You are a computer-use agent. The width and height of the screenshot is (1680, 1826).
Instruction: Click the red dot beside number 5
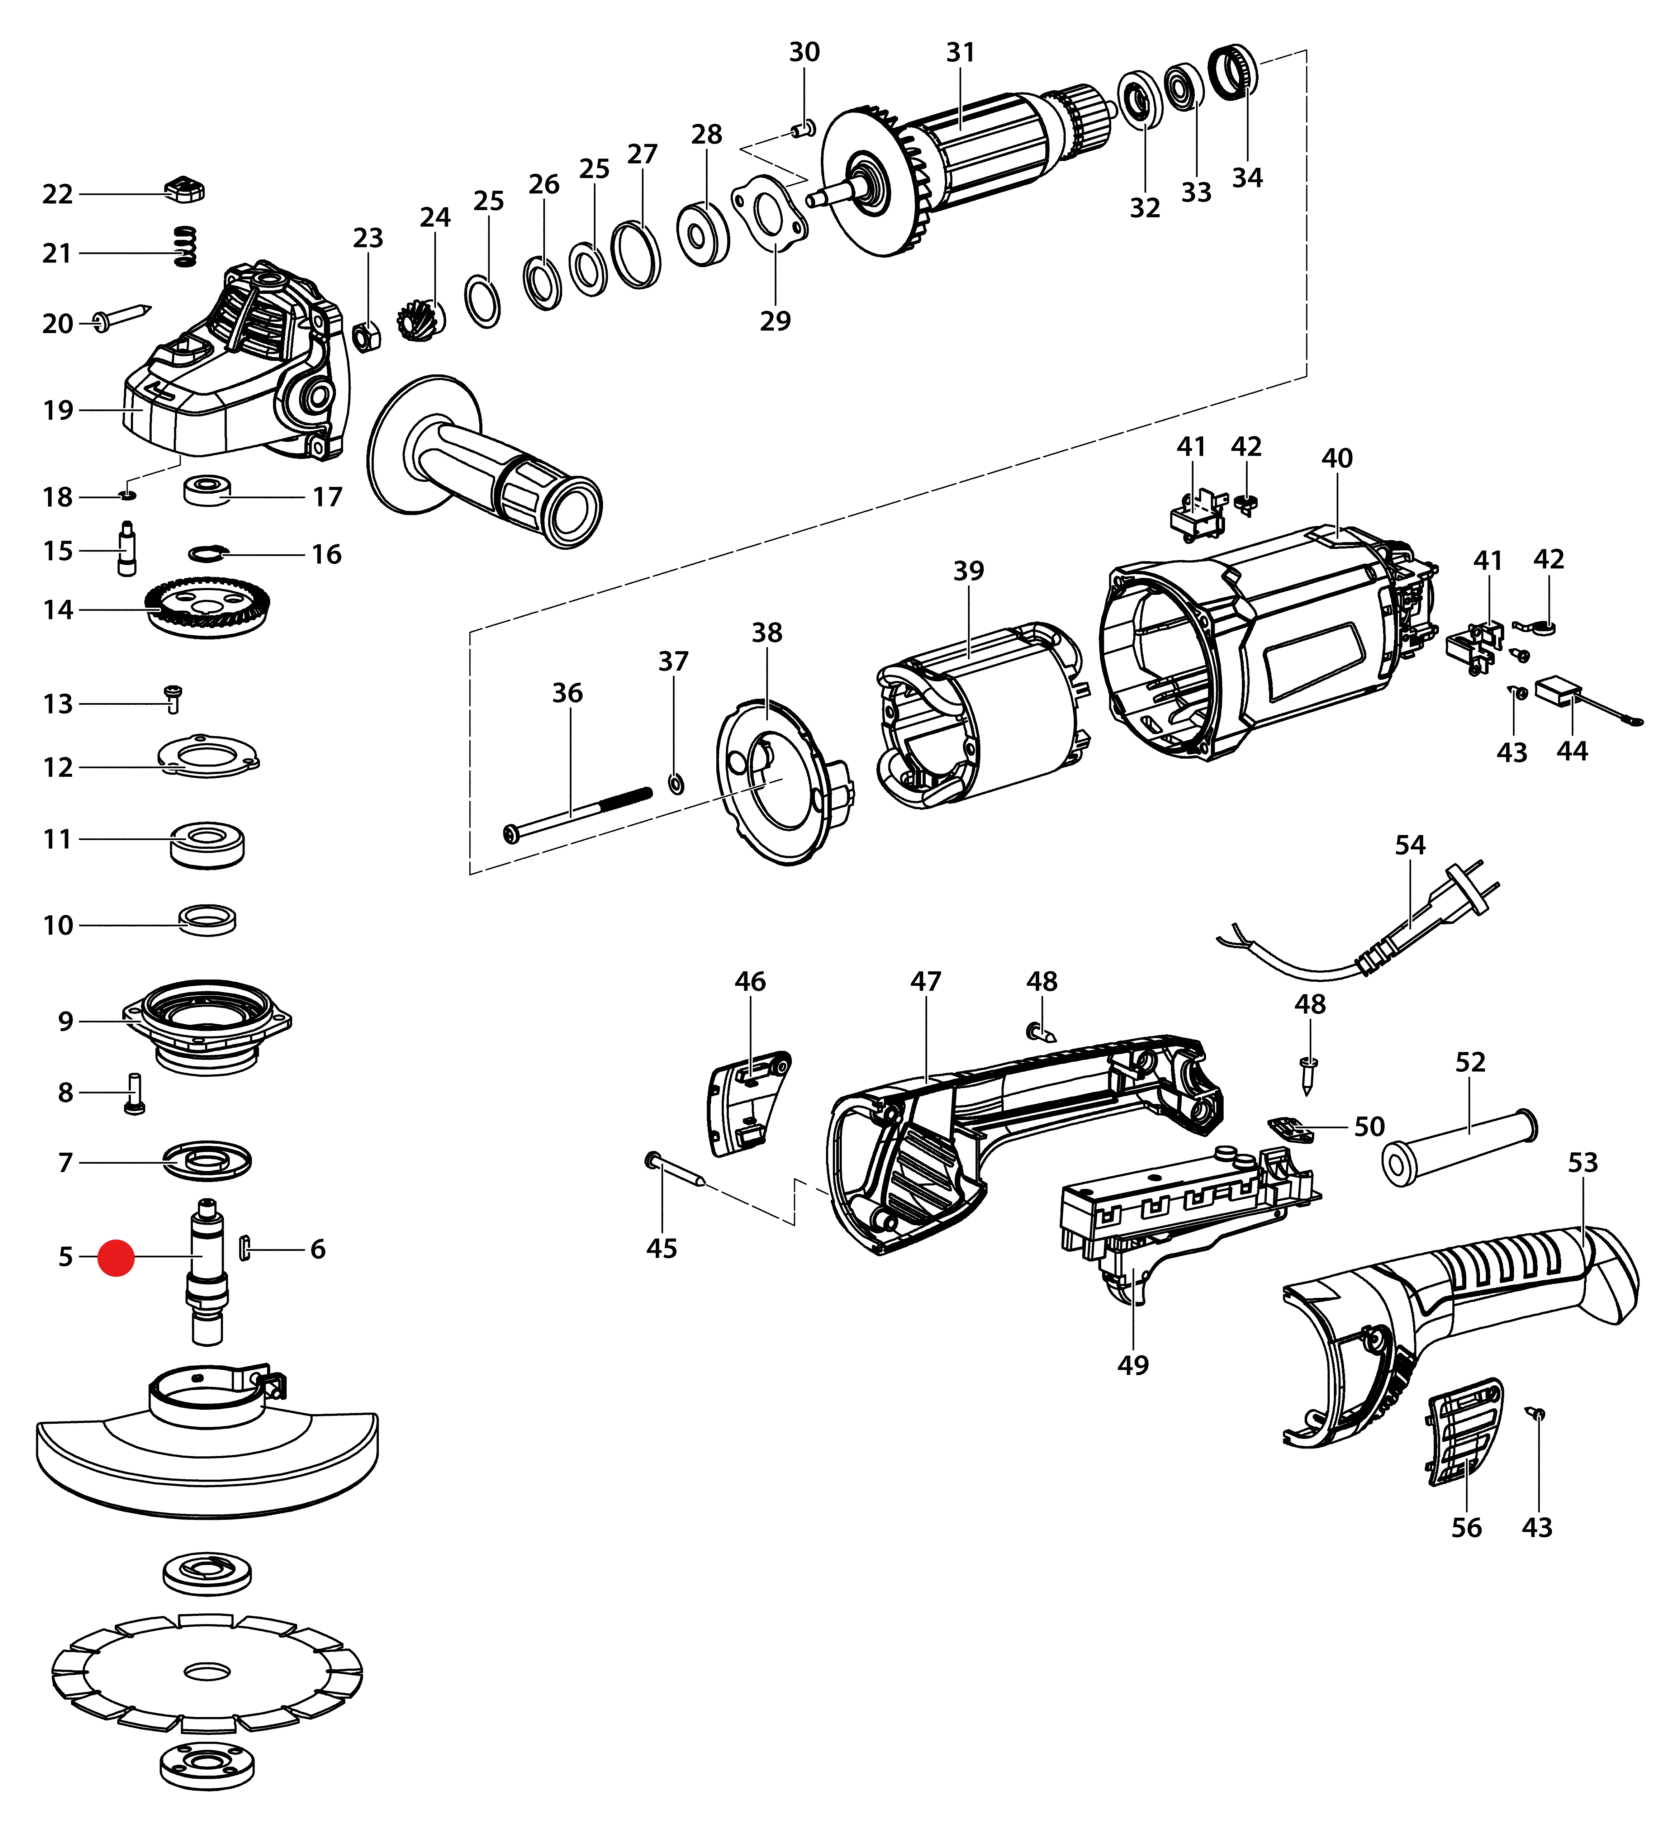click(117, 1258)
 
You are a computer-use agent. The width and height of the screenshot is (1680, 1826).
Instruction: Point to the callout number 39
click(968, 571)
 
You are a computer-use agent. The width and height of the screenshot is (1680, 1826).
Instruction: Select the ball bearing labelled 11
click(207, 844)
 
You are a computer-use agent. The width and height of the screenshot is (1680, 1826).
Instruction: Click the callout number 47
click(925, 982)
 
